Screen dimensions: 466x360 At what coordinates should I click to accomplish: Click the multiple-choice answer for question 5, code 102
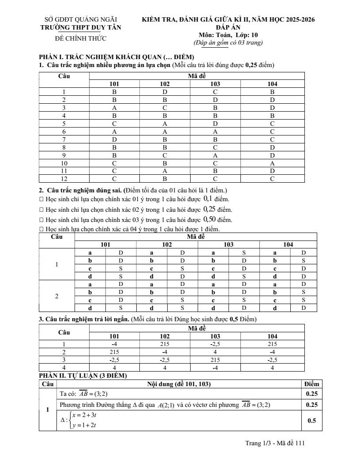[x=165, y=124]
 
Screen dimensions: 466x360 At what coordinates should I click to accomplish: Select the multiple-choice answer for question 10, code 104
[x=272, y=163]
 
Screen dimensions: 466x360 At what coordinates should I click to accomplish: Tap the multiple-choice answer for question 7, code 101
[x=114, y=139]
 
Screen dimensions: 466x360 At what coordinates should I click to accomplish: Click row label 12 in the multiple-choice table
[x=64, y=179]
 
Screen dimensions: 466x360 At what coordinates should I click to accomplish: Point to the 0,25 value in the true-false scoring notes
[x=209, y=210]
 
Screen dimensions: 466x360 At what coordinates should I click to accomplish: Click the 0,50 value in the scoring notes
[x=209, y=219]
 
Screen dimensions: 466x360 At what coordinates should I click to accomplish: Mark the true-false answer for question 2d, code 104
[x=303, y=308]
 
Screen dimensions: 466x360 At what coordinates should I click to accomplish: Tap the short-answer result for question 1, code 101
[x=114, y=344]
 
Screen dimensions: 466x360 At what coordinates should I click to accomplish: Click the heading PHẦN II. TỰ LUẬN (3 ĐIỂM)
[x=83, y=376]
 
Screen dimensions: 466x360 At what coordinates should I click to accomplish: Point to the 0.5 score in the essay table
[x=311, y=421]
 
